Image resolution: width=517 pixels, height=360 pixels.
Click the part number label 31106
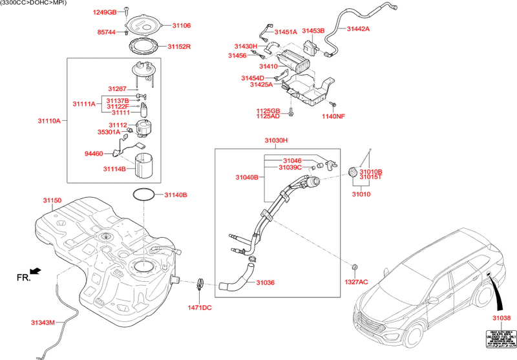coord(182,26)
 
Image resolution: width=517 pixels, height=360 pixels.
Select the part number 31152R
coord(184,47)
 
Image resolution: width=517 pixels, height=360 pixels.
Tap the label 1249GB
coord(104,12)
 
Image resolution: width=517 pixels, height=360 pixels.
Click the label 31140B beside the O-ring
coord(175,195)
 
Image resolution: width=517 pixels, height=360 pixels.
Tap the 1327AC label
coord(355,282)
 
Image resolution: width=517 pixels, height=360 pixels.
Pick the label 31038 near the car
coord(501,319)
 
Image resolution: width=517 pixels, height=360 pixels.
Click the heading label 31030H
coord(276,140)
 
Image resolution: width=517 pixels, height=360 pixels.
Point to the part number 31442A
coord(359,29)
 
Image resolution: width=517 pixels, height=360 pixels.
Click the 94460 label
coord(94,154)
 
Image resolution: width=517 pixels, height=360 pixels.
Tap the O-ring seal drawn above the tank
coord(144,194)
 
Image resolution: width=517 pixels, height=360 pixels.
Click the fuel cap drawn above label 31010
coord(352,172)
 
